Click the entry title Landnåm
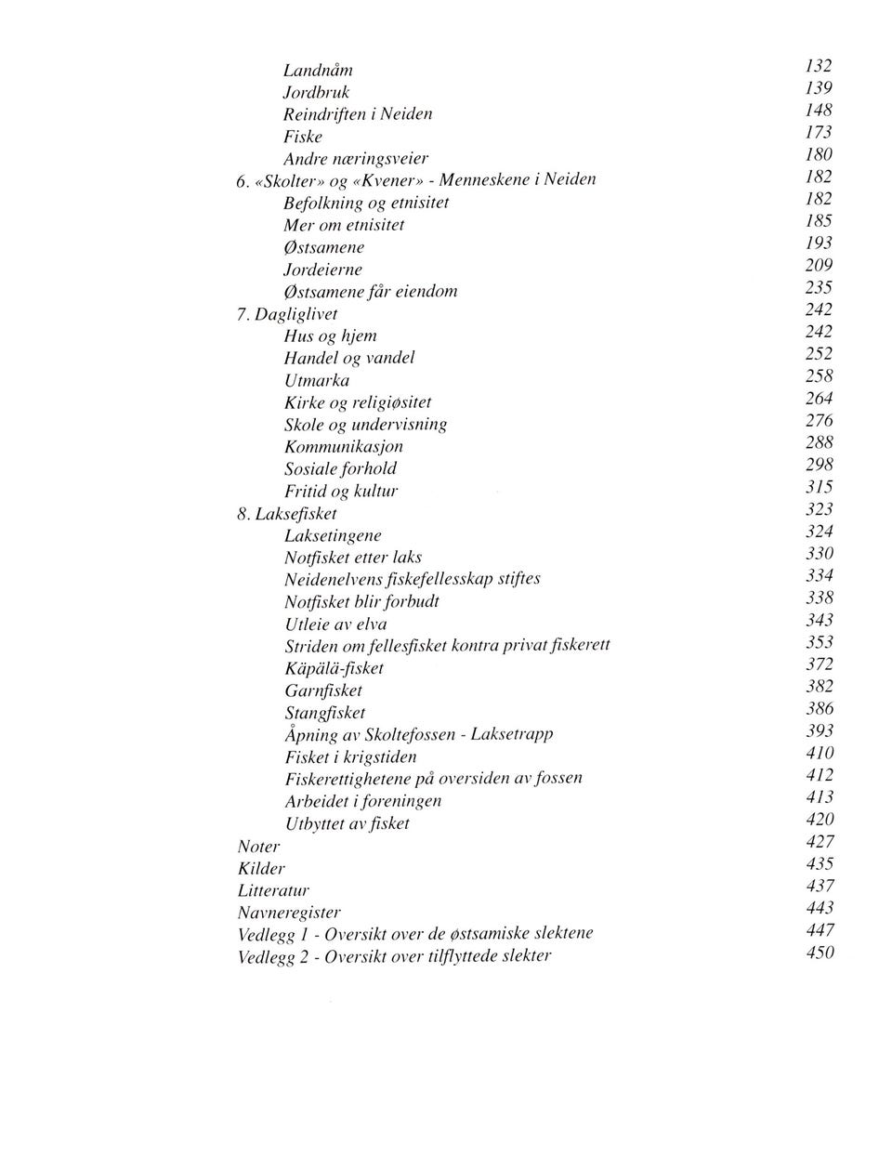pyautogui.click(x=318, y=71)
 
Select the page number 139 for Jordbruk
pyautogui.click(x=819, y=88)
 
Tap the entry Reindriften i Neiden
pyautogui.click(x=358, y=114)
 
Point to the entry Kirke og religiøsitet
pyautogui.click(x=358, y=402)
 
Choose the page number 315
pyautogui.click(x=820, y=487)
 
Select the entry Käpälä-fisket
pyautogui.click(x=334, y=668)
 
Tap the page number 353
pyautogui.click(x=820, y=642)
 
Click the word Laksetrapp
pyautogui.click(x=512, y=734)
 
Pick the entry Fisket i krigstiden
pyautogui.click(x=350, y=757)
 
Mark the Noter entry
pyautogui.click(x=258, y=847)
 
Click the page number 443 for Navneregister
pyautogui.click(x=820, y=908)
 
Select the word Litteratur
pyautogui.click(x=273, y=890)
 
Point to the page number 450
pyautogui.click(x=820, y=953)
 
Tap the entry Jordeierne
pyautogui.click(x=322, y=269)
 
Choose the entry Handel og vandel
pyautogui.click(x=348, y=358)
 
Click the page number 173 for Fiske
pyautogui.click(x=819, y=132)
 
